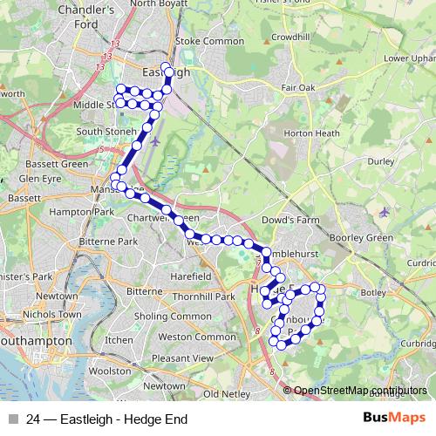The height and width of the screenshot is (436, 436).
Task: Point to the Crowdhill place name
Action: pyautogui.click(x=291, y=37)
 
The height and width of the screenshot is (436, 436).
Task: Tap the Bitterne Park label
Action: pyautogui.click(x=106, y=241)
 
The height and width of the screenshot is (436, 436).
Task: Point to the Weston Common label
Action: pyautogui.click(x=187, y=336)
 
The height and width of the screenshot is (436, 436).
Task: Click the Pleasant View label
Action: pyautogui.click(x=181, y=358)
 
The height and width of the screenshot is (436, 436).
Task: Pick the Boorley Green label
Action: pyautogui.click(x=361, y=237)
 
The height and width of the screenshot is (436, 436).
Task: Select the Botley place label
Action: pyautogui.click(x=371, y=291)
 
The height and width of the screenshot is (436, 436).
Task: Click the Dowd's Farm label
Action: pyautogui.click(x=287, y=220)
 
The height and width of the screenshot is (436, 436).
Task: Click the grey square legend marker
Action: pyautogui.click(x=13, y=419)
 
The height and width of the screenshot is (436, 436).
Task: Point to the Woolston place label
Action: pyautogui.click(x=110, y=371)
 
